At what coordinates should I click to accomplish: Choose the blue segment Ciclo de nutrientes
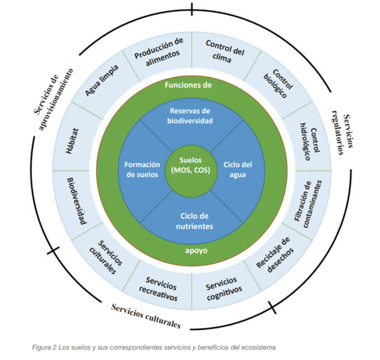(190, 220)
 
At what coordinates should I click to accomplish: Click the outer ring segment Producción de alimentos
(158, 53)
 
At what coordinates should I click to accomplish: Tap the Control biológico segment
(280, 82)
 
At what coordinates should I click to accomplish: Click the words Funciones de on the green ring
(188, 85)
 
